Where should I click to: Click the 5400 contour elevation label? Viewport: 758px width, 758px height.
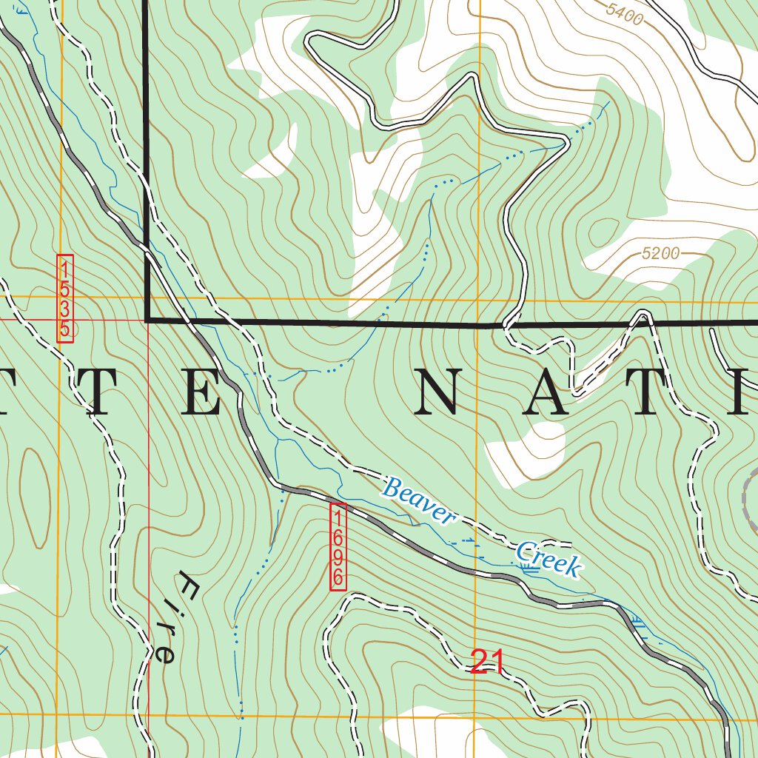[x=624, y=13]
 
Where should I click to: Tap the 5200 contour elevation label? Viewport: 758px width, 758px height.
[x=660, y=254]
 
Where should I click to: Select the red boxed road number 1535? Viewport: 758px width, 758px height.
[x=65, y=298]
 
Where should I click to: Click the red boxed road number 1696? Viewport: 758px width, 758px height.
[x=338, y=546]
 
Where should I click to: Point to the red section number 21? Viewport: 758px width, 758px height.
[x=487, y=663]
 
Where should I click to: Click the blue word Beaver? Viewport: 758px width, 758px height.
[x=418, y=503]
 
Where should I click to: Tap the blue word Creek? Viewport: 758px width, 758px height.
[x=548, y=559]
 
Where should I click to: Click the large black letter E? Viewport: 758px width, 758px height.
[x=201, y=389]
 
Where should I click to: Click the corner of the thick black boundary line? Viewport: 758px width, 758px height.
[x=147, y=320]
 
